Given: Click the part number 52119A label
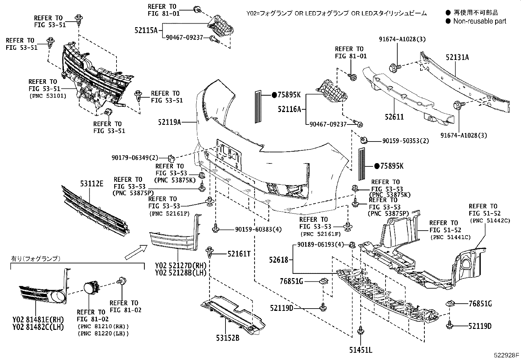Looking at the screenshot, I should coord(169,122).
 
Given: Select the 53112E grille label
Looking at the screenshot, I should coord(92,184).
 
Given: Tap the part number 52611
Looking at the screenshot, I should coord(394,117).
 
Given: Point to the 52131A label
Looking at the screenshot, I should coord(457,57).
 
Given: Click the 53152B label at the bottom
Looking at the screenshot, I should coord(228,338).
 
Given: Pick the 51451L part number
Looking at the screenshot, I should coord(361,350).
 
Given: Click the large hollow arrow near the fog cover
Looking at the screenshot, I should coord(136,253).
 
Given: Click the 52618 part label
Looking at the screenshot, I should coord(279,260).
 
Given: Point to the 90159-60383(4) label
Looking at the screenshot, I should coord(258,229).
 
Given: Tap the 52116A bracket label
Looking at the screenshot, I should coord(289,109).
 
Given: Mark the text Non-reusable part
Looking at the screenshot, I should coord(479,21).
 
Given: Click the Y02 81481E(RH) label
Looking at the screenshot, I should coord(38,319).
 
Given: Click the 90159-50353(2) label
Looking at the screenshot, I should coord(405,141).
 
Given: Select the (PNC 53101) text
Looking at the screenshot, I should coord(48,96).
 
